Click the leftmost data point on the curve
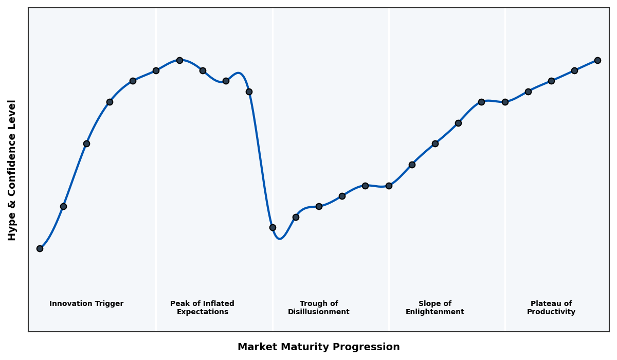40,248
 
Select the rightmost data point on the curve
597,60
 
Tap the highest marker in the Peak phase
179,60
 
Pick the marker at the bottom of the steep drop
273,227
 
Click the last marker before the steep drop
249,92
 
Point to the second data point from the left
63,206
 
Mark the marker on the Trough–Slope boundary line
389,186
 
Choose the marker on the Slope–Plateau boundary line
505,102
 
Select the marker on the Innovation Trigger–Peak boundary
156,70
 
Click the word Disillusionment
319,312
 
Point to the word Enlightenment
435,312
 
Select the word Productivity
551,312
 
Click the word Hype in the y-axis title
12,228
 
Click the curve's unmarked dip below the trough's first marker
279,239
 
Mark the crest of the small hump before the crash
239,73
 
